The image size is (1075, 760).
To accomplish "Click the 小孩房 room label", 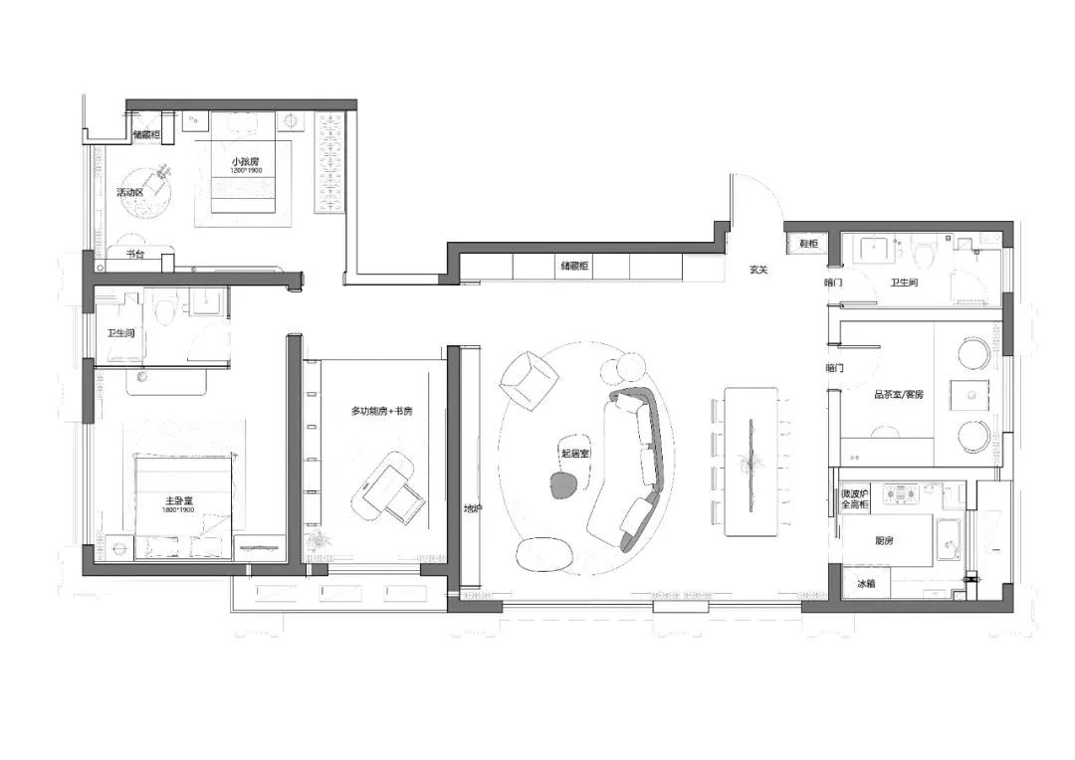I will click(x=245, y=161).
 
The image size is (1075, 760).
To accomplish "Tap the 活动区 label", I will click(x=130, y=192).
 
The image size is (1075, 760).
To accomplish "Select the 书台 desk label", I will click(x=136, y=255).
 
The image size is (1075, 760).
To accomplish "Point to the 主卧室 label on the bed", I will click(x=179, y=499).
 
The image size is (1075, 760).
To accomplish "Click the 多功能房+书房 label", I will click(x=381, y=410).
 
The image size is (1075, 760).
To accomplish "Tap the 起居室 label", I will click(x=574, y=453).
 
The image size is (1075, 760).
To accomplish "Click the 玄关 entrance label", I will click(x=759, y=271).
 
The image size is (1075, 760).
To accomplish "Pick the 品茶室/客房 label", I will click(x=898, y=395).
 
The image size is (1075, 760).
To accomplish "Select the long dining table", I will click(x=751, y=460).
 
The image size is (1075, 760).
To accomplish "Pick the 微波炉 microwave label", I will click(x=855, y=492).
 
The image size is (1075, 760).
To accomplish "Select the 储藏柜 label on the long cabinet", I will click(x=574, y=267).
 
